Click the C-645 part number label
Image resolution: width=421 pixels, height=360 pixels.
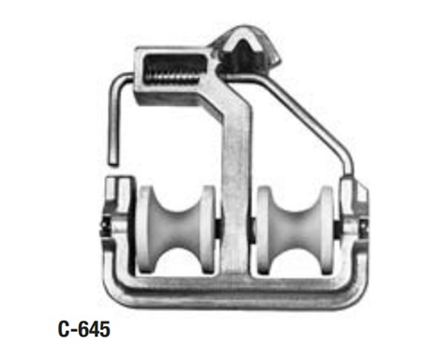pos(84,329)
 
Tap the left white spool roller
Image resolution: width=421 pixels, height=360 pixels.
pos(177,231)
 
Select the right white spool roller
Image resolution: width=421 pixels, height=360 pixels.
pos(295,231)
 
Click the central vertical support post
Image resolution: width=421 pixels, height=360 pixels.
pos(236,187)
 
